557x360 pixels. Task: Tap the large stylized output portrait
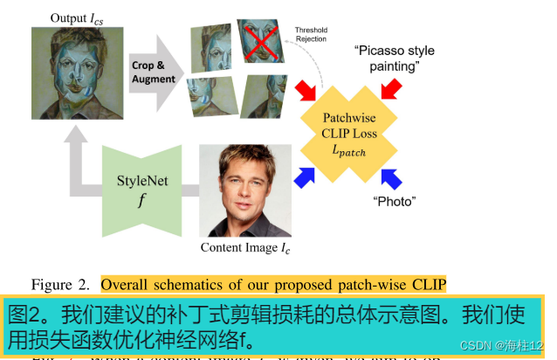(x=72, y=72)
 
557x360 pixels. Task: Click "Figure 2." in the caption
(x=60, y=284)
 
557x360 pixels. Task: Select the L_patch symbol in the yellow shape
(x=349, y=152)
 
